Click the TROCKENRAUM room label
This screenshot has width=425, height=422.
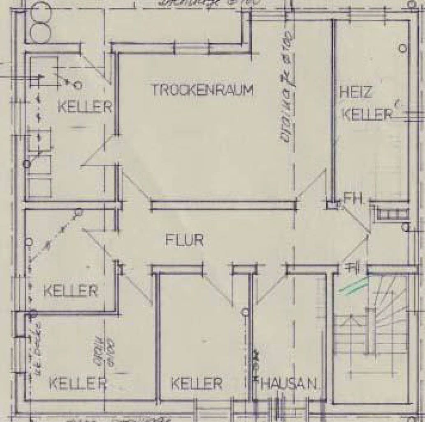coord(202,90)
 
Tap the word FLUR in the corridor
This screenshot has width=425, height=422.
coord(184,240)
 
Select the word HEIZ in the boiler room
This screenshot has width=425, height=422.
coord(356,92)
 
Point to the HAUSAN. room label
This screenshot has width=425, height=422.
coord(289,384)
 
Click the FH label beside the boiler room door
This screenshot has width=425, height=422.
coord(352,200)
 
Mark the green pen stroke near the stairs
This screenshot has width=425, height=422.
coord(353,286)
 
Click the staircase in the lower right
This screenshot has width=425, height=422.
coord(372,325)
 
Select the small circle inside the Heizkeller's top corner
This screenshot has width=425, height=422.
coord(403,48)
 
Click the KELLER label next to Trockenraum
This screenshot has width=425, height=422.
coord(85,107)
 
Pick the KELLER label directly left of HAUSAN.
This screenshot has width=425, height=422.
coord(197,384)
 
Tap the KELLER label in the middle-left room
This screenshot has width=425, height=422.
coord(70,291)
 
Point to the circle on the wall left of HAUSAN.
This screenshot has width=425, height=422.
coord(246,312)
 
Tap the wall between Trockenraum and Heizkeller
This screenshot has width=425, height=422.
coord(333,111)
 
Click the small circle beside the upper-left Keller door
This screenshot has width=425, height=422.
coord(78,86)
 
